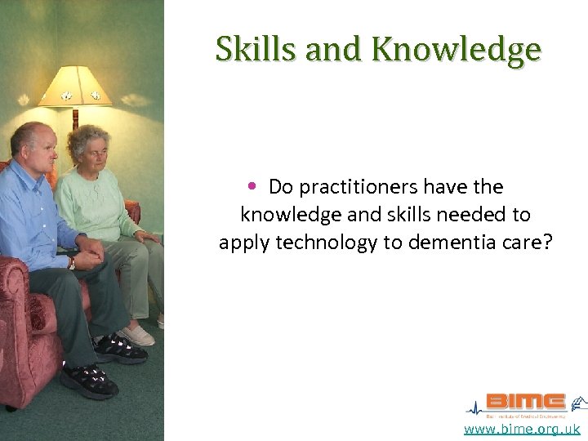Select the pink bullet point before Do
point(255,187)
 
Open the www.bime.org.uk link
point(522,429)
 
